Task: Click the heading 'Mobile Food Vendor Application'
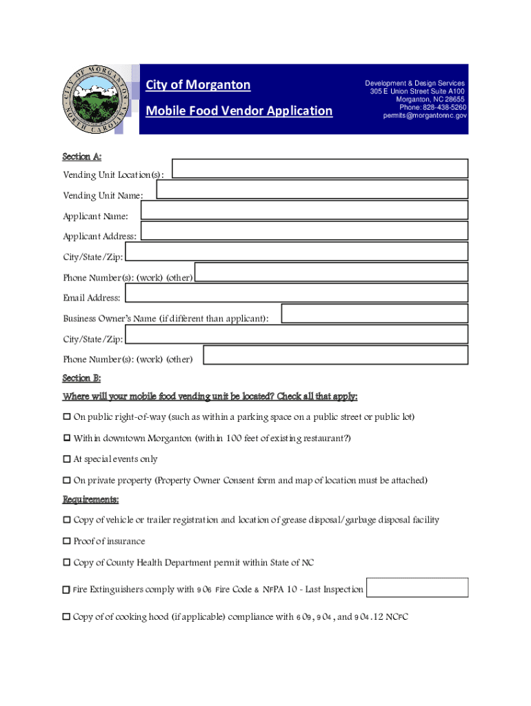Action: pyautogui.click(x=239, y=111)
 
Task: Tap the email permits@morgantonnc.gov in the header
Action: pyautogui.click(x=425, y=116)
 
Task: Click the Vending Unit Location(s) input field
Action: pyautogui.click(x=320, y=169)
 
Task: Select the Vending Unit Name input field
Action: pyautogui.click(x=312, y=190)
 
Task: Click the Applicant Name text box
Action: pyautogui.click(x=304, y=210)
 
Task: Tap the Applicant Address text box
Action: pyautogui.click(x=304, y=230)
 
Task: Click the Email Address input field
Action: pyautogui.click(x=296, y=293)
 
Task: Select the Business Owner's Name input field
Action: pyautogui.click(x=374, y=314)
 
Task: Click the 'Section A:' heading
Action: pyautogui.click(x=82, y=158)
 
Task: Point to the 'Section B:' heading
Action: pyautogui.click(x=82, y=378)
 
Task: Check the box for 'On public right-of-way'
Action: pyautogui.click(x=67, y=417)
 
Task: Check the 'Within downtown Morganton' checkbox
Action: pyautogui.click(x=67, y=438)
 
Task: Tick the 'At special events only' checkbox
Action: pyautogui.click(x=67, y=459)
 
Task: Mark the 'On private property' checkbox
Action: pyautogui.click(x=67, y=481)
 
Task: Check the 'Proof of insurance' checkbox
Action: pyautogui.click(x=67, y=541)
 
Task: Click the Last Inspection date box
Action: pyautogui.click(x=417, y=587)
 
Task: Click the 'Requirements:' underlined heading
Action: pyautogui.click(x=91, y=499)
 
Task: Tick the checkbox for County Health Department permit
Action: pyautogui.click(x=67, y=563)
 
